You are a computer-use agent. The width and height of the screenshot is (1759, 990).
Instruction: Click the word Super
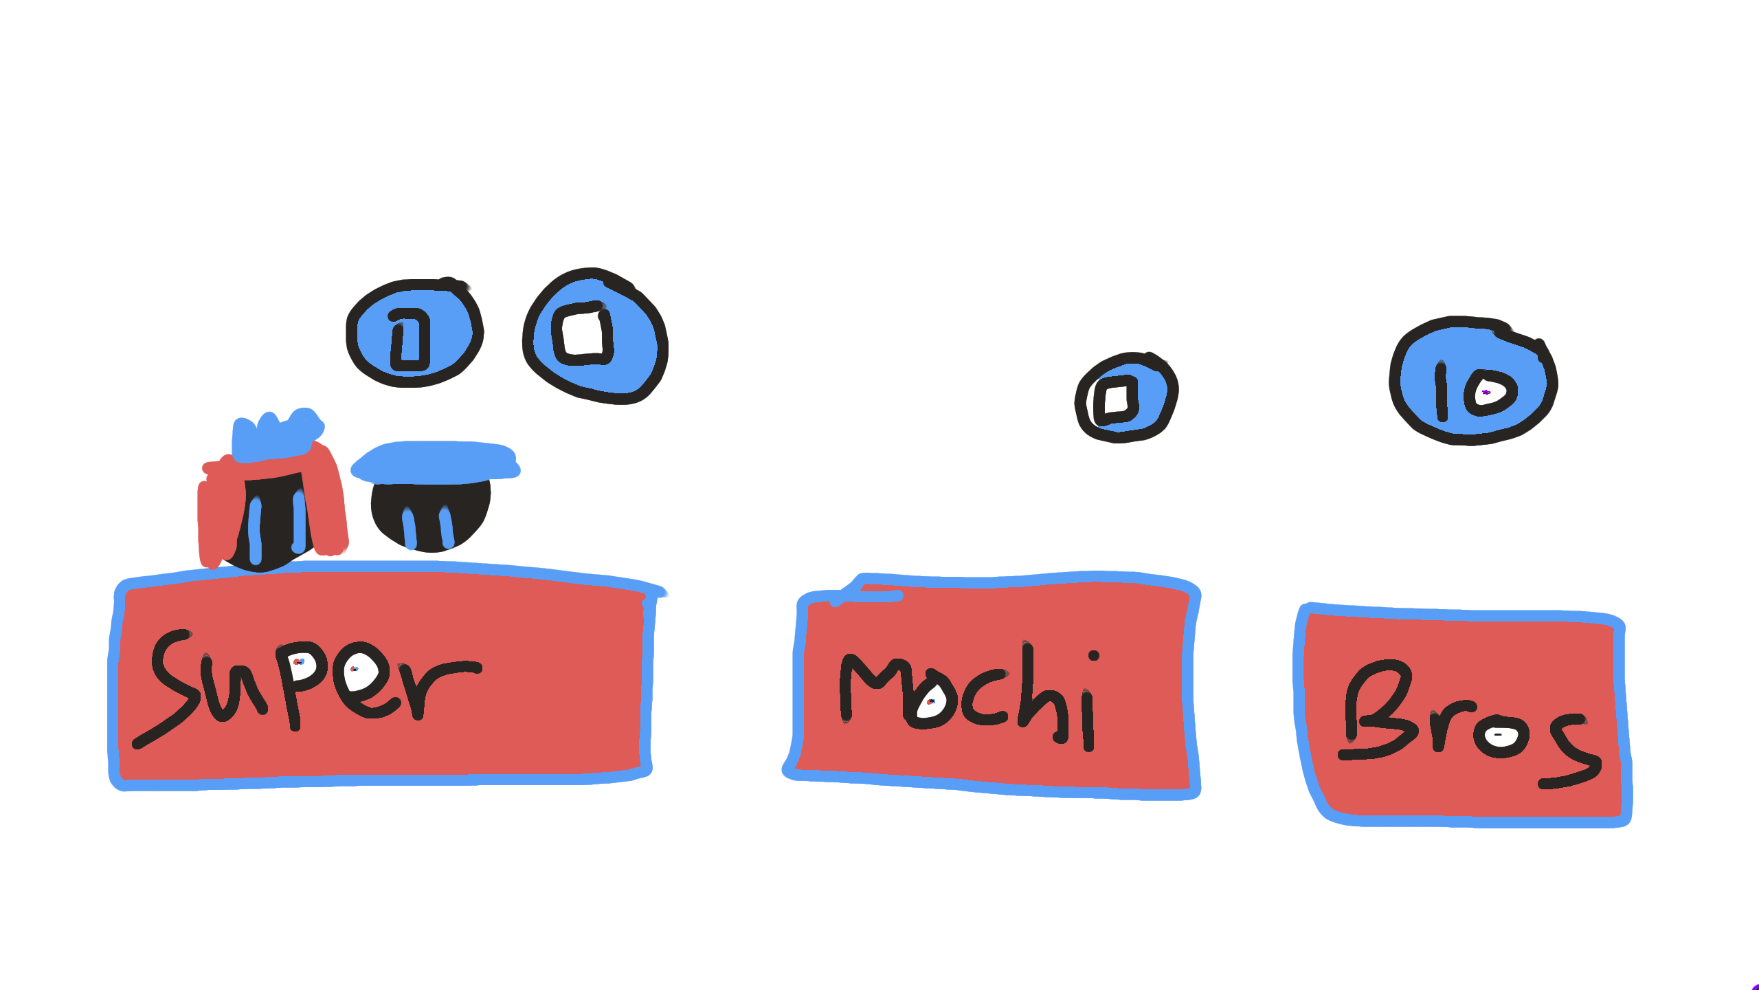[x=309, y=681]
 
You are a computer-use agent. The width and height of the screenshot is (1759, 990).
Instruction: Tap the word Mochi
[x=969, y=698]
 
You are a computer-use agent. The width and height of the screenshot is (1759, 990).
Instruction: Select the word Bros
[x=1464, y=722]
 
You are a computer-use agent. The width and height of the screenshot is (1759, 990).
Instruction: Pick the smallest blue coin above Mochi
[x=1126, y=398]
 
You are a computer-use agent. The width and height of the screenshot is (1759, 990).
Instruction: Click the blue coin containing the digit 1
[x=414, y=333]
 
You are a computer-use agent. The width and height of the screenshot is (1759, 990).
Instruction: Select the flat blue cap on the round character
[x=436, y=461]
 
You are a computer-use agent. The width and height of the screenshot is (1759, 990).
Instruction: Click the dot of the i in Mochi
[x=1093, y=655]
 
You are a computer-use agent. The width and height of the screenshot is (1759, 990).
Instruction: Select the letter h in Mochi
[x=1041, y=694]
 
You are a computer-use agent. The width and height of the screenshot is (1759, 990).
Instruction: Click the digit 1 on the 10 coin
[x=1442, y=392]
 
